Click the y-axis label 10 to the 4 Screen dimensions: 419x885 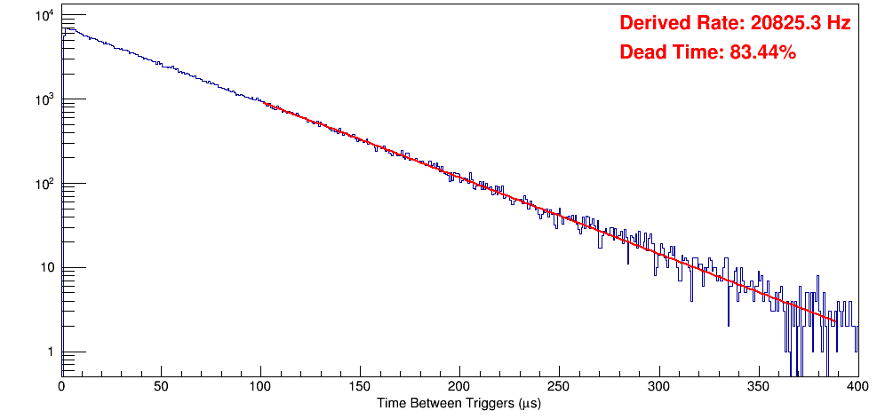click(x=44, y=16)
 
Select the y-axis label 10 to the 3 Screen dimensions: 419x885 click(x=44, y=100)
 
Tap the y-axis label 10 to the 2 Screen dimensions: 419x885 click(x=44, y=184)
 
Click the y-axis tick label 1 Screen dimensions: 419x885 click(x=50, y=352)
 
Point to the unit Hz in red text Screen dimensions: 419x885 click(x=838, y=24)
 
